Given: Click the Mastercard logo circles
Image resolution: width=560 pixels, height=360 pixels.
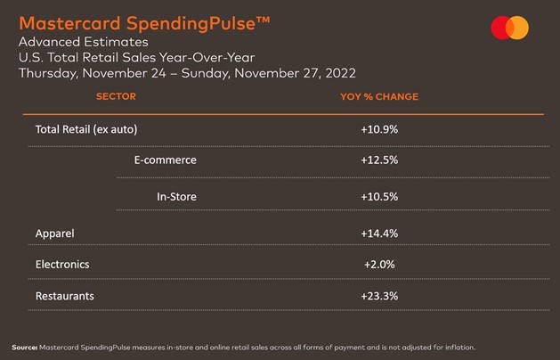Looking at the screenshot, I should [509, 29].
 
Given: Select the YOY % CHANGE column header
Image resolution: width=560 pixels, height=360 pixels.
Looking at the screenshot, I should [379, 97].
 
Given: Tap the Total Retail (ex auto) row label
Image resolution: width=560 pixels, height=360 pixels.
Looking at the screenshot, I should [86, 129].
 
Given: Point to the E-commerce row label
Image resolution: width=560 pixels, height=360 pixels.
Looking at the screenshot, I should [165, 160].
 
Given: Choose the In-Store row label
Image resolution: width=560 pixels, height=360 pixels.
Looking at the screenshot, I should [176, 196].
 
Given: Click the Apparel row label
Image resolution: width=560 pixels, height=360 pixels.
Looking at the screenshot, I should [55, 233].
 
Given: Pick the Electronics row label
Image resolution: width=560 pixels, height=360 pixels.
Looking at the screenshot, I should [62, 264].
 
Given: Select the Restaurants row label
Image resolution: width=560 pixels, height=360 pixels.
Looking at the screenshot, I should [64, 295].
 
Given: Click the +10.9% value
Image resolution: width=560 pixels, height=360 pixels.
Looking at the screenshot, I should [379, 129].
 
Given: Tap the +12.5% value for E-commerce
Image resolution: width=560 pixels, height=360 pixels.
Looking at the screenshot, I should [379, 160].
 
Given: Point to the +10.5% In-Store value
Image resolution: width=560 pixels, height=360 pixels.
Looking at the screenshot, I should [379, 196].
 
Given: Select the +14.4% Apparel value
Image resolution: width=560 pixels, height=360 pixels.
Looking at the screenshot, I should [379, 233].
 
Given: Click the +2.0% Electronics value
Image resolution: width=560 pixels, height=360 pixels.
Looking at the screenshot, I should [379, 264].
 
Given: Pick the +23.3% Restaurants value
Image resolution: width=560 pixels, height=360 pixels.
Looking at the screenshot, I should [379, 295].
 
